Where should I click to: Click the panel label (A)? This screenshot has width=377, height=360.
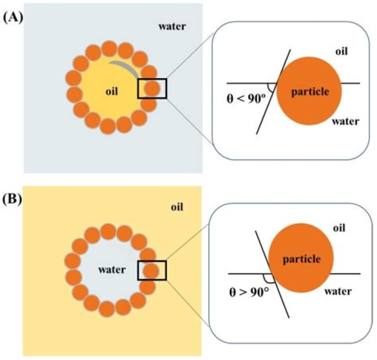click(x=11, y=16)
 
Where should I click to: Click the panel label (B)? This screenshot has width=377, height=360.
click(x=11, y=200)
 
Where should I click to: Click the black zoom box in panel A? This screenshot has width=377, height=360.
click(x=152, y=88)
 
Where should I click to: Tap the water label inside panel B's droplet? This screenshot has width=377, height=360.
click(x=111, y=270)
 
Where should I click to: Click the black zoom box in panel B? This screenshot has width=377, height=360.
click(x=152, y=270)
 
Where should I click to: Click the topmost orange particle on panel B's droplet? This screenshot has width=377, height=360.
click(x=109, y=231)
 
